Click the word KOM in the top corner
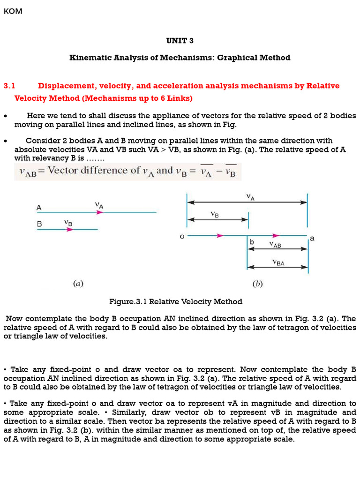pos(13,11)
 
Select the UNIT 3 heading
pos(180,41)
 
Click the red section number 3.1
pos(10,86)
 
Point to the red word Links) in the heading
pos(180,98)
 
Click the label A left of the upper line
pos(39,207)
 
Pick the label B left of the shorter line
pos(39,225)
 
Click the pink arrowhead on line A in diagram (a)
pos(99,212)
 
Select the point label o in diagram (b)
pos(182,237)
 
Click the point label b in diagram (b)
pos(252,242)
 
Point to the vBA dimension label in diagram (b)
pos(278,263)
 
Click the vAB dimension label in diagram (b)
pos(275,244)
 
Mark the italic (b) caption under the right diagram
pos(257,284)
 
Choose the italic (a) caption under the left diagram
pos(78,284)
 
